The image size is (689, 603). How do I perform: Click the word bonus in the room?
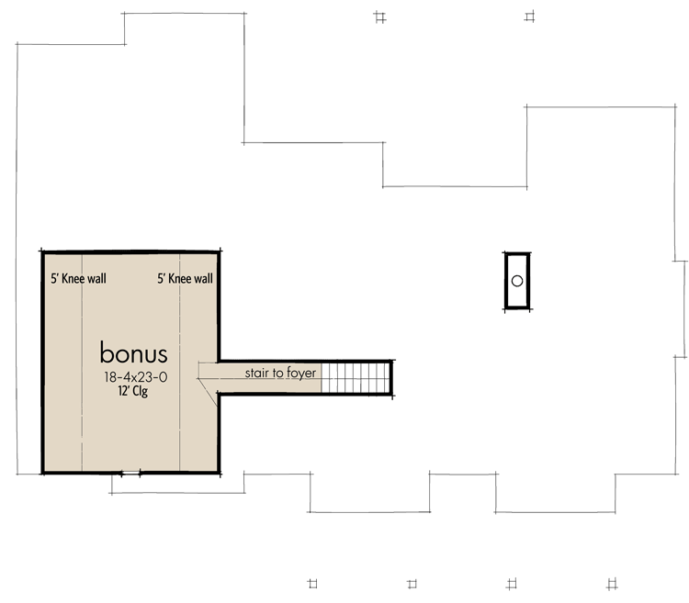(x=133, y=353)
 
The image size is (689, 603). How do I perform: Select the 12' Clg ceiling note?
(x=132, y=391)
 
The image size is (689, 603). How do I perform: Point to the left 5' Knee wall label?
(x=78, y=279)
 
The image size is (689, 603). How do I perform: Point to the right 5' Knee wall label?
(x=185, y=279)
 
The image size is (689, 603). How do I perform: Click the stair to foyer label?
(x=280, y=374)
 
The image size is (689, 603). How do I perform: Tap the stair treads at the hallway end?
(x=354, y=377)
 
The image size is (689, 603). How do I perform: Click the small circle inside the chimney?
(x=517, y=281)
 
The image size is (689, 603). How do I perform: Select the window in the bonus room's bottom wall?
(x=126, y=474)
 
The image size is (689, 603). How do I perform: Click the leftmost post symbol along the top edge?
(x=380, y=16)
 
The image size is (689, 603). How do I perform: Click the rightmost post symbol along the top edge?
(x=529, y=16)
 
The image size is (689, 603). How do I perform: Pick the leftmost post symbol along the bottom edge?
(x=311, y=583)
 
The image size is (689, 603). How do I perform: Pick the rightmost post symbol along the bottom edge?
(x=612, y=583)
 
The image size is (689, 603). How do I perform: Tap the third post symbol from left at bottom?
(x=511, y=583)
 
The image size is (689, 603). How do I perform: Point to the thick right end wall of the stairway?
(x=391, y=377)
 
